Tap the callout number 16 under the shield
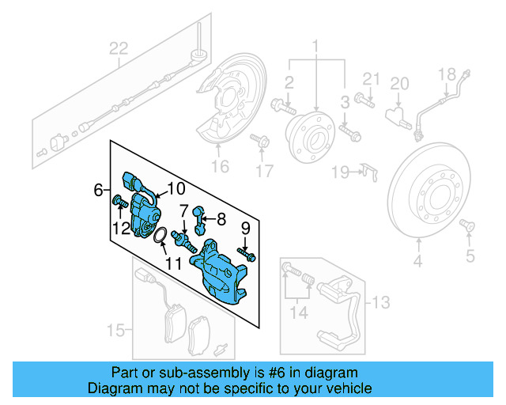[219, 165]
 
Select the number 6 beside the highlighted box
[98, 190]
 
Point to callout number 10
[175, 189]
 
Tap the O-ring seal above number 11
[159, 235]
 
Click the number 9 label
[244, 229]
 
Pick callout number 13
[381, 301]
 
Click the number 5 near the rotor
[470, 254]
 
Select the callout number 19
[340, 172]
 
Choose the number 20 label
[399, 83]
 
